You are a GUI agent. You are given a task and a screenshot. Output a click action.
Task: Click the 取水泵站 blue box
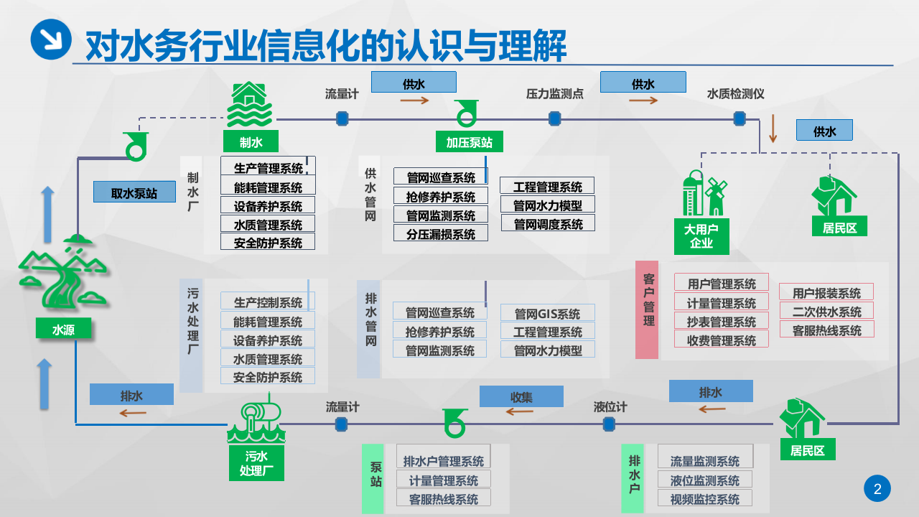coord(134,192)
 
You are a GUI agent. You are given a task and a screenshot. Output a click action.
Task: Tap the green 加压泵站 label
coord(470,141)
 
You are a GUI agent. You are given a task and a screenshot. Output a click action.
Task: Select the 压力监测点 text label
coord(554,94)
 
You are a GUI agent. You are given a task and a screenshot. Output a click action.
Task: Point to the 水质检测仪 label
coord(735,94)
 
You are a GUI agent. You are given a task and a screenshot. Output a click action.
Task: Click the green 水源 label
coord(63,329)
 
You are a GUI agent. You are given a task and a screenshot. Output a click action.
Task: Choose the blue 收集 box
coord(521,396)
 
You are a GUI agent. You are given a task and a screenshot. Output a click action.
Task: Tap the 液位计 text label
coord(610,407)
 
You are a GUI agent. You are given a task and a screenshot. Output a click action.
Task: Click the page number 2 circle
coord(877,489)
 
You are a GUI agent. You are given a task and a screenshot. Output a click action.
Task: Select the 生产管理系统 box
coord(268,168)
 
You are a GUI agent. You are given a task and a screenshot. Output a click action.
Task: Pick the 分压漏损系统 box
coord(440,233)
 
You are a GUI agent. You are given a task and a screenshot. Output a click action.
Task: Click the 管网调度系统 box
coord(547,223)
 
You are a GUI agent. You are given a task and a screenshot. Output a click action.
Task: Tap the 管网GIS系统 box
coord(547,313)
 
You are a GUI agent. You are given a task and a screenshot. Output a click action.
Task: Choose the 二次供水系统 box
coord(826,312)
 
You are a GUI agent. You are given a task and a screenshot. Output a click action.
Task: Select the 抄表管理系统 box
coord(721,321)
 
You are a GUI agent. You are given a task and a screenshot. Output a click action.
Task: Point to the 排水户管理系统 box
coord(443,461)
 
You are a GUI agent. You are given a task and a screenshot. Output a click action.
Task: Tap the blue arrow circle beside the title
coord(51,39)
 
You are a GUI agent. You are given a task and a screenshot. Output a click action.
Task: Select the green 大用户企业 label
coord(701,236)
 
